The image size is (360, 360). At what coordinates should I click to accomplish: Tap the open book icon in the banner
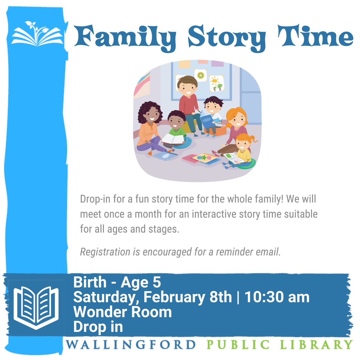pos(36,307)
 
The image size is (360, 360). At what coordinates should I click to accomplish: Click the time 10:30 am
pos(277,297)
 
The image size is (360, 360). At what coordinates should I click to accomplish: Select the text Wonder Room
pos(122,312)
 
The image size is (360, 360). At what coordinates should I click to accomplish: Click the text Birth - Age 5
pos(117,282)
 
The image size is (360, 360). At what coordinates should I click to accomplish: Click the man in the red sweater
pos(187,102)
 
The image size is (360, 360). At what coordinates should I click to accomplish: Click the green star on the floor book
pos(204,157)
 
